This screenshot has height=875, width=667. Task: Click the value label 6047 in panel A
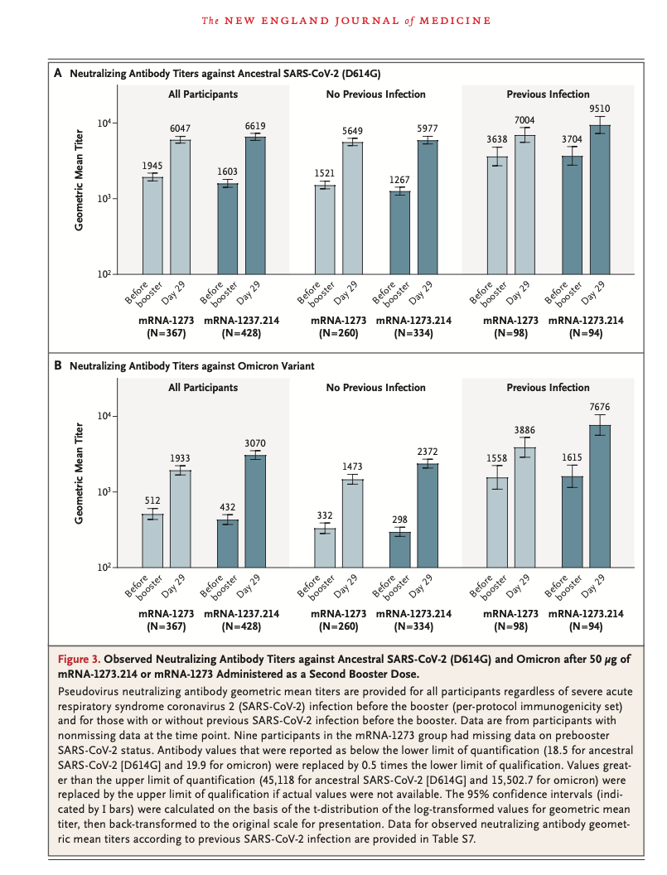click(x=181, y=131)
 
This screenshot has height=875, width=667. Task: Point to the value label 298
click(x=400, y=519)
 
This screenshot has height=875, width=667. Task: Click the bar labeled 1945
click(x=152, y=225)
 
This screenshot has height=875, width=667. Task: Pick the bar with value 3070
click(x=255, y=510)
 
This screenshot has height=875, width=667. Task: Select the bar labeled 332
click(x=325, y=547)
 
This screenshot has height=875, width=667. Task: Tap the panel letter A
click(x=58, y=73)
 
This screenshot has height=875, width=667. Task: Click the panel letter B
click(x=58, y=365)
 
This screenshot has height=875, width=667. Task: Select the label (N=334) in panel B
click(x=415, y=627)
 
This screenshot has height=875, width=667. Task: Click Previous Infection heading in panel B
click(x=548, y=387)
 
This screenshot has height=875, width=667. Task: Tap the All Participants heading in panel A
click(x=202, y=94)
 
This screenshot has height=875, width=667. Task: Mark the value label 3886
click(x=524, y=430)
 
